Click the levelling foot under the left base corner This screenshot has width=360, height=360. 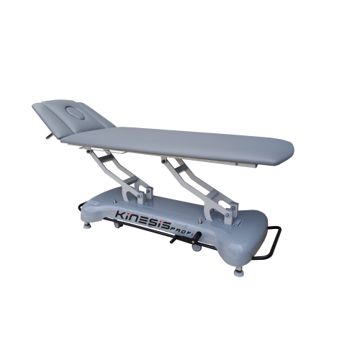tap(87, 225)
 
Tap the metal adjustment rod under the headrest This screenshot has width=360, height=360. tap(50, 136)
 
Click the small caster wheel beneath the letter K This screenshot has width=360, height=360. tap(116, 225)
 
